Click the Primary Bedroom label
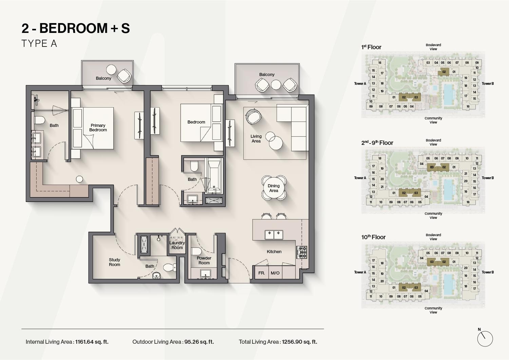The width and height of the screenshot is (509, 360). click(x=98, y=128)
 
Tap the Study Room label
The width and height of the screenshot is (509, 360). click(x=114, y=262)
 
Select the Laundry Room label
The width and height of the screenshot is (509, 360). click(x=177, y=245)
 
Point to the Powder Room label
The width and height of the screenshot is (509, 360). click(x=204, y=260)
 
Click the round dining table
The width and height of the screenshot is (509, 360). click(x=274, y=188)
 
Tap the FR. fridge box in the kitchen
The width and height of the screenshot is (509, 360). click(x=262, y=273)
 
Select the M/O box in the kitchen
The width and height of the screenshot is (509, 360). click(x=275, y=273)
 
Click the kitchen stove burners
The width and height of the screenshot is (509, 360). click(x=302, y=252)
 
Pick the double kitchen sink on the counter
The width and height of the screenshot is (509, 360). click(x=274, y=234)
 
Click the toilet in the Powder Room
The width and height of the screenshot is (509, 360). click(x=196, y=251)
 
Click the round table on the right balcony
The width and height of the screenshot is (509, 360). click(x=276, y=84)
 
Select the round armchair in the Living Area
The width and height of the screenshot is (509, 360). click(x=253, y=116)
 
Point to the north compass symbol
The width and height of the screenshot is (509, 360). click(x=485, y=338)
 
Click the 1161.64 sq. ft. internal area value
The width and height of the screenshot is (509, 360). click(x=92, y=342)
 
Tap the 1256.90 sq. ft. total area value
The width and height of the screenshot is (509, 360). click(x=299, y=342)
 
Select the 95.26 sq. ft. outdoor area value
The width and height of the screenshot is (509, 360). click(x=199, y=342)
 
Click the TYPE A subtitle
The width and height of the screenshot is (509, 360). click(x=39, y=43)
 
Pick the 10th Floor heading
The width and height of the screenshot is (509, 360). click(x=373, y=237)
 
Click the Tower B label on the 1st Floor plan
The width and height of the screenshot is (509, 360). click(x=488, y=83)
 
